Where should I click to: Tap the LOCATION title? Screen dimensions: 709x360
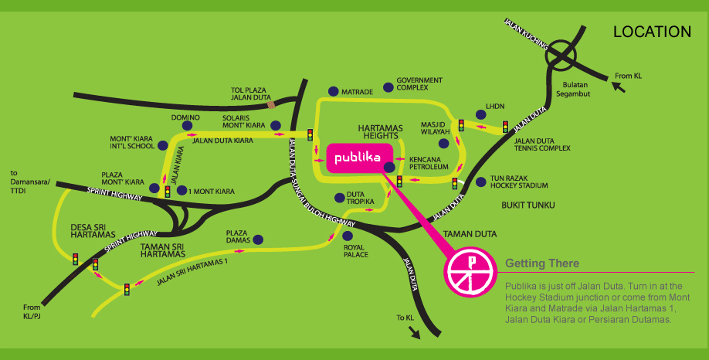[x=651, y=32]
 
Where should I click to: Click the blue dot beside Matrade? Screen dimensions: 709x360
[x=333, y=90]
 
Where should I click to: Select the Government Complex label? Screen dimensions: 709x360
[x=419, y=83]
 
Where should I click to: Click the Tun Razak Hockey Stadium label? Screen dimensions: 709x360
[x=519, y=182]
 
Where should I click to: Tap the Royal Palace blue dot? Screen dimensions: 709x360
[x=348, y=236]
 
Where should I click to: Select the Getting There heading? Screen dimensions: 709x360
[x=541, y=263]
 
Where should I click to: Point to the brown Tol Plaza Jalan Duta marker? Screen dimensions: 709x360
[x=271, y=104]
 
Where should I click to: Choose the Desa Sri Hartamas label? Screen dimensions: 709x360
[x=93, y=231]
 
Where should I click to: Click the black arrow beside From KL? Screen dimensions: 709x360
[x=618, y=86]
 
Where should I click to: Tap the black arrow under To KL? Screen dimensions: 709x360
[x=416, y=331]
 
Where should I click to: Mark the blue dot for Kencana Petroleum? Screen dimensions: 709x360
[x=389, y=166]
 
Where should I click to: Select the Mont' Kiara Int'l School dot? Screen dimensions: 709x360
[x=162, y=144]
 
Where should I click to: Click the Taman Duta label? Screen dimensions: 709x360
[x=476, y=233]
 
